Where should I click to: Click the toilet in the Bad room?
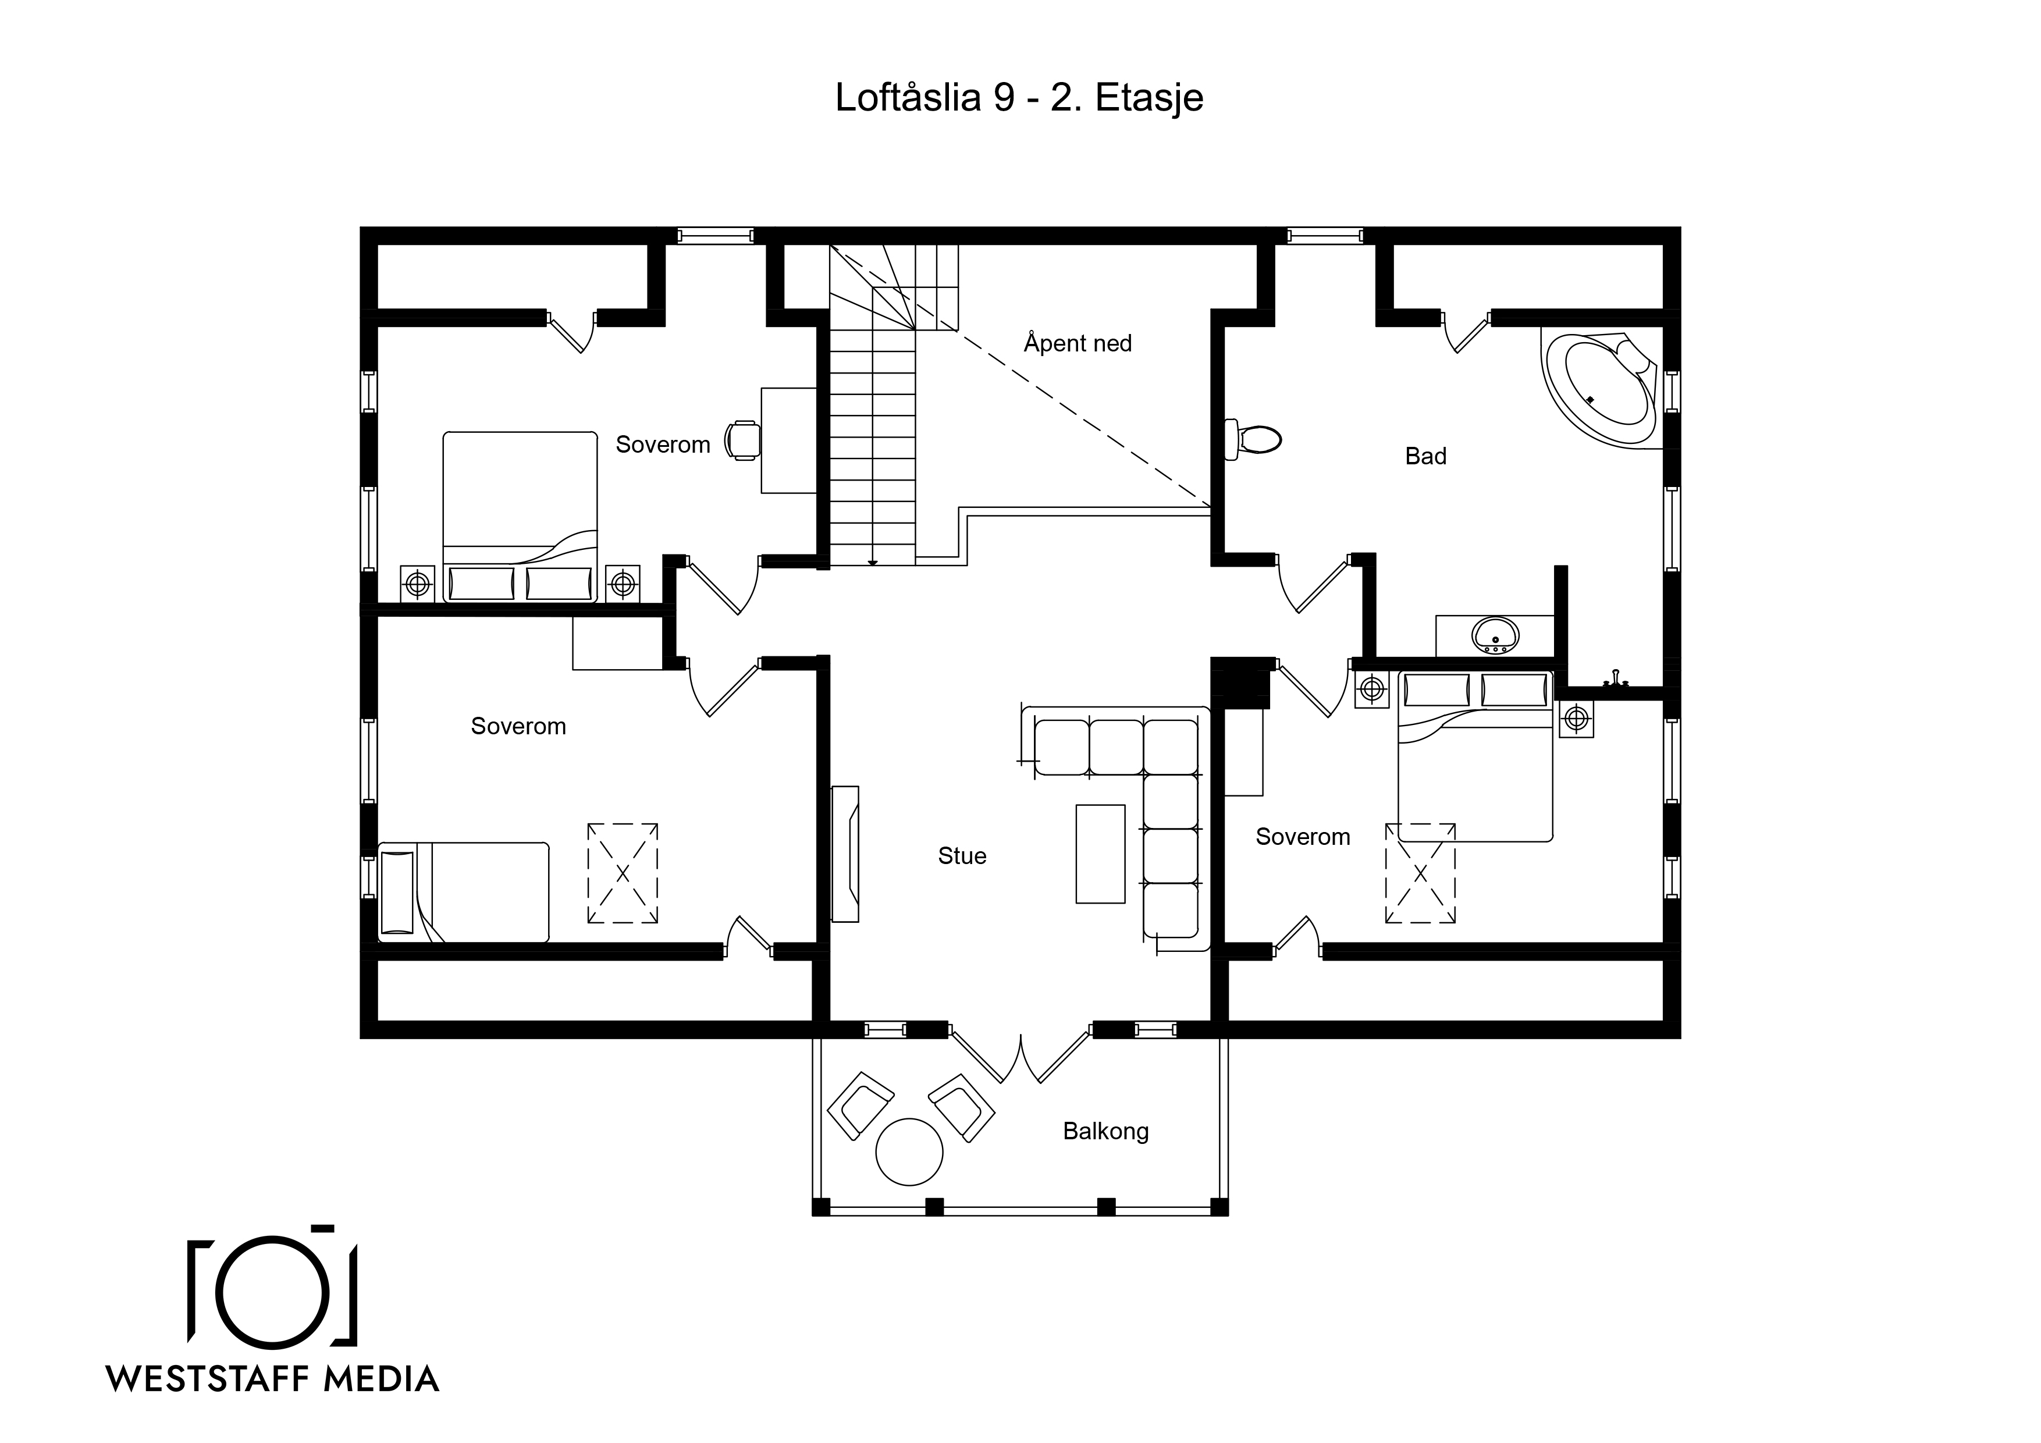[1253, 439]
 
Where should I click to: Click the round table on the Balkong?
[908, 1151]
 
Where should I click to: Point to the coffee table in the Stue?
[1101, 854]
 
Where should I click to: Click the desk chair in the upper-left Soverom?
[743, 440]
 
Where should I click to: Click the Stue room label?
[962, 855]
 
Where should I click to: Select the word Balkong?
[1106, 1131]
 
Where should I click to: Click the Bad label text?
[1426, 456]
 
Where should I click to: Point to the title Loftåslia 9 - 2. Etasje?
[1019, 98]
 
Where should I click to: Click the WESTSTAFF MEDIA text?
[273, 1379]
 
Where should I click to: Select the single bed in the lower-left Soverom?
[463, 892]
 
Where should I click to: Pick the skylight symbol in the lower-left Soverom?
[623, 873]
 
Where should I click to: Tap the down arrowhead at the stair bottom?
[873, 563]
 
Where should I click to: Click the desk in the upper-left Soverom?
[788, 440]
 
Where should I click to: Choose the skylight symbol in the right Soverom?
[1420, 873]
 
